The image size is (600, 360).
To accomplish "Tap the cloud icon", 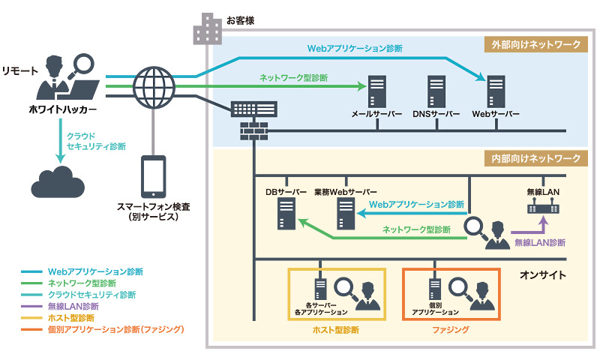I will coord(57,181).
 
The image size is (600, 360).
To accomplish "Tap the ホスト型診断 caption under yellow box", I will coord(336,329).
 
